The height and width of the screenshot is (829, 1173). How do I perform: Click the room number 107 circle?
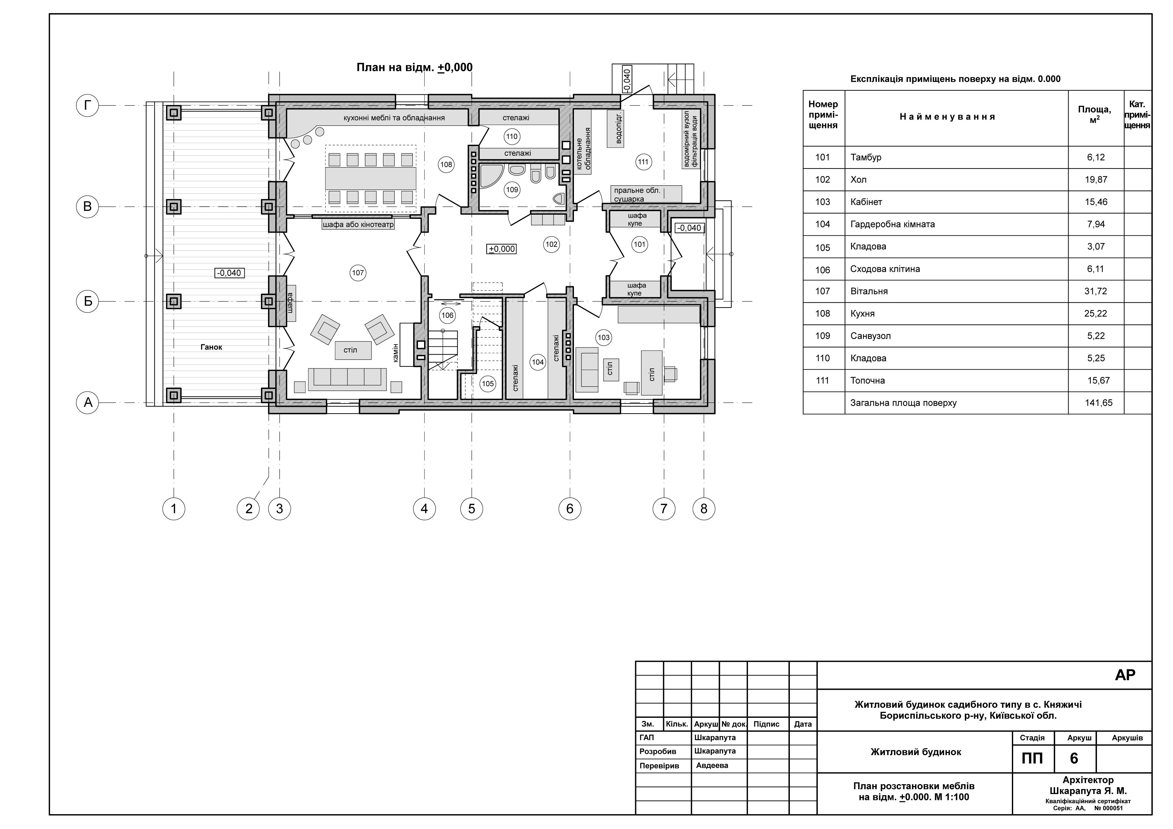click(358, 273)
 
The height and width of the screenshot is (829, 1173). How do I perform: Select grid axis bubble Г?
click(88, 106)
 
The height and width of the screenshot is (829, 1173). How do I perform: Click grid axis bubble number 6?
click(570, 509)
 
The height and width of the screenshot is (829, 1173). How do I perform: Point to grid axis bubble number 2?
click(249, 509)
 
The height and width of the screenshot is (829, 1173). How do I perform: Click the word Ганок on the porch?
click(211, 347)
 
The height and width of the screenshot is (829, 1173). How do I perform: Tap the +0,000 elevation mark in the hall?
click(502, 249)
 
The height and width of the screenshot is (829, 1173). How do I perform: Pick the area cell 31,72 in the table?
click(1096, 291)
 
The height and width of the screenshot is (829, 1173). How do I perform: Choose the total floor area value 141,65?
click(1099, 403)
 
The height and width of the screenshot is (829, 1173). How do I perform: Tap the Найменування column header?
click(948, 117)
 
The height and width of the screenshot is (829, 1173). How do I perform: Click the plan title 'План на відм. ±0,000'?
click(414, 67)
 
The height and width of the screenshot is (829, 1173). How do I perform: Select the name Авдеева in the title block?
click(712, 766)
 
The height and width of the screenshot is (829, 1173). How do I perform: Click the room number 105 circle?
click(488, 384)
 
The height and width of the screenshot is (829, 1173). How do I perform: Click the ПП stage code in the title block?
click(1032, 758)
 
